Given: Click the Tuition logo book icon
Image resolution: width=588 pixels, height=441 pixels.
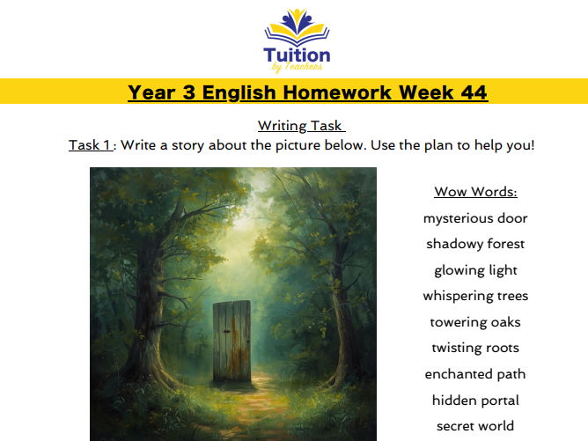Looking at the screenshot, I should (297, 28).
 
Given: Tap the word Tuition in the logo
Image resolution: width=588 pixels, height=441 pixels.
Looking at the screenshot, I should (297, 55).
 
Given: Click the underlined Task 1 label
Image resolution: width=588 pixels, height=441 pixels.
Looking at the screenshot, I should (91, 144).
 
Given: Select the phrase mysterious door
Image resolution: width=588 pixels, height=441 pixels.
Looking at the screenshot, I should (475, 218).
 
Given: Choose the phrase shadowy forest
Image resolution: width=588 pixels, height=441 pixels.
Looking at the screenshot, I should (475, 244).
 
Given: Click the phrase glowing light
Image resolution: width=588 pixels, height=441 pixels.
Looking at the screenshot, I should (475, 270).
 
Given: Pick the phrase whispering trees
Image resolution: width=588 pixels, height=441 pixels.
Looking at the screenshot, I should (475, 296).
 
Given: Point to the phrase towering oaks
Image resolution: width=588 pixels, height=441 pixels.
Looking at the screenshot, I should (475, 322).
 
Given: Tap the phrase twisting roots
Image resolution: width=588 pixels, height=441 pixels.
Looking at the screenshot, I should (475, 348).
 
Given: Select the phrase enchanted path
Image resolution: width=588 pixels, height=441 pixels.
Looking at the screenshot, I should (475, 374).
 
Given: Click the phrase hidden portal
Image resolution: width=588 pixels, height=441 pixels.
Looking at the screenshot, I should (475, 400).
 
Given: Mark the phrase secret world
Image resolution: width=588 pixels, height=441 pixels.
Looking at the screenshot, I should (475, 426).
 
